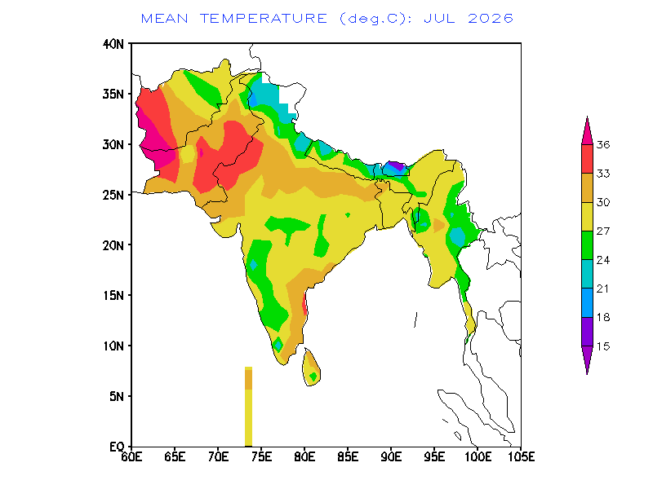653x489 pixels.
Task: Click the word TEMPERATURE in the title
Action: coord(263,19)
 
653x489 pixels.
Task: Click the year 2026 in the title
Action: coord(491,19)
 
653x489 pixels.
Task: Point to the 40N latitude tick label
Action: coord(113,44)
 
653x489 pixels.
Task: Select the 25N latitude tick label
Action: coord(113,195)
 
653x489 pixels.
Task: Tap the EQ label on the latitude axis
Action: coord(117,447)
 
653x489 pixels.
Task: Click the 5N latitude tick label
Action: coord(117,396)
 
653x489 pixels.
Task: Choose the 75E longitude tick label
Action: coord(261,457)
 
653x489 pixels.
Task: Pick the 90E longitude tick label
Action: coord(392,457)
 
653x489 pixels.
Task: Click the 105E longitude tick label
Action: coord(521,457)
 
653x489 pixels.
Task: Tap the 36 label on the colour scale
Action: coord(603,145)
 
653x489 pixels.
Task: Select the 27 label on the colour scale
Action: coord(603,231)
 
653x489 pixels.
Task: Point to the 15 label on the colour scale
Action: coord(603,346)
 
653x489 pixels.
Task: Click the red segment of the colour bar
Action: coord(587,159)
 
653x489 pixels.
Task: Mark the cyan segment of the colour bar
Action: coord(587,274)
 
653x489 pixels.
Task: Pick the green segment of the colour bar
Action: coord(587,245)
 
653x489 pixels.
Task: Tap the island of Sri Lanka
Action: coord(311,368)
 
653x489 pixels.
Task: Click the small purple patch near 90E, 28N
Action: coord(397,166)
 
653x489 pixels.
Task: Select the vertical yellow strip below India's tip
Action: coord(249,406)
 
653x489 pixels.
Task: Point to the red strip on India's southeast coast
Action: coord(304,304)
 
